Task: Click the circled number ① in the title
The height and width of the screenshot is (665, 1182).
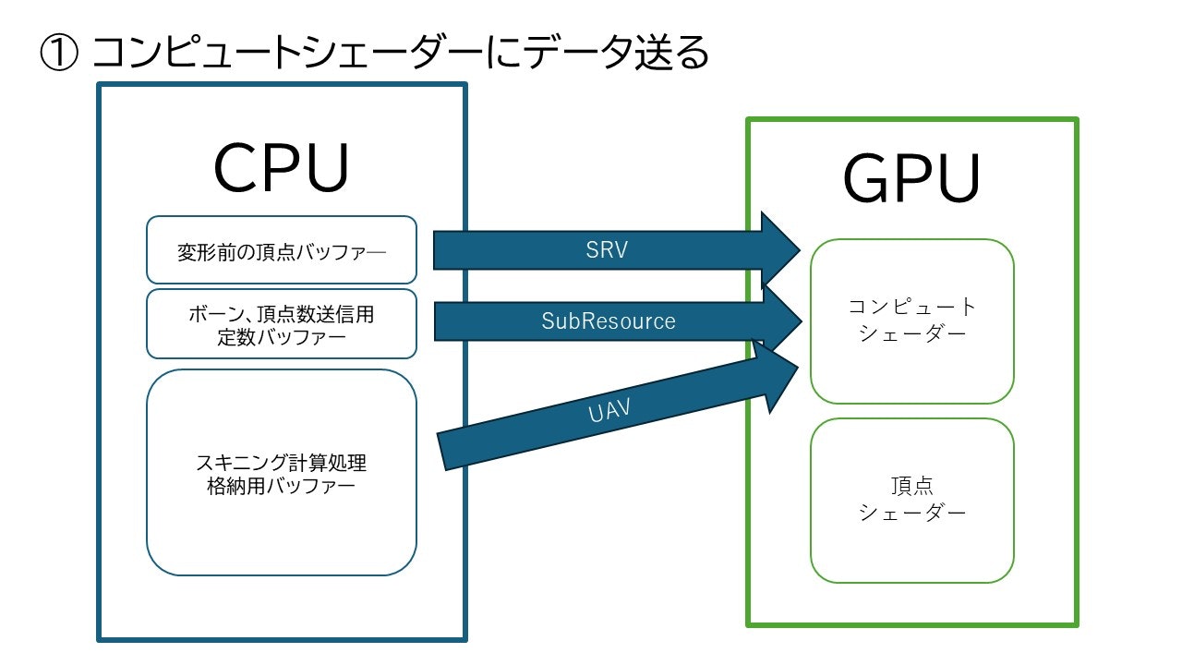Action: tap(59, 53)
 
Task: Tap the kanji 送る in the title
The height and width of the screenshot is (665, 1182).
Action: tap(671, 53)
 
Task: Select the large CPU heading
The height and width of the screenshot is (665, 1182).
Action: tap(282, 167)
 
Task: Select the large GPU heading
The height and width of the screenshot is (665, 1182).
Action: tap(911, 178)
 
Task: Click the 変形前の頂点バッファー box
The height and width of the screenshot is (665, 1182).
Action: tap(282, 249)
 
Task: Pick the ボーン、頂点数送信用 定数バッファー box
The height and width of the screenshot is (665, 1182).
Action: tap(282, 323)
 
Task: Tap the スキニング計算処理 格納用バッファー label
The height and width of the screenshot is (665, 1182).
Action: tap(282, 474)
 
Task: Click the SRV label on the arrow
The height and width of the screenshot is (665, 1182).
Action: tap(607, 249)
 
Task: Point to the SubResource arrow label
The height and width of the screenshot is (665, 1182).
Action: tap(609, 320)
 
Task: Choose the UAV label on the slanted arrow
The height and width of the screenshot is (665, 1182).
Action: tap(609, 411)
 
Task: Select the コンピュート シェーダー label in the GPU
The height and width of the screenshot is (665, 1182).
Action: tap(912, 320)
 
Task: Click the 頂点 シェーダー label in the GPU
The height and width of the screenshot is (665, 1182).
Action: tap(912, 499)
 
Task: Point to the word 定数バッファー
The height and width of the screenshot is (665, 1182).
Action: tap(282, 337)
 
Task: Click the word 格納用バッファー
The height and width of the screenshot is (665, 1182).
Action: tap(282, 486)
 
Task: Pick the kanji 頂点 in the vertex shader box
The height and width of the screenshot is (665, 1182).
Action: tap(912, 486)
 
